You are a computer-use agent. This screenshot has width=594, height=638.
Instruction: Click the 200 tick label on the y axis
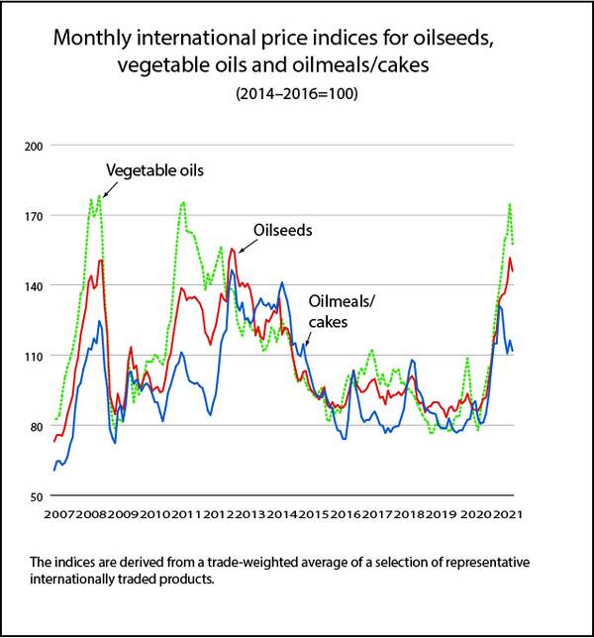34,146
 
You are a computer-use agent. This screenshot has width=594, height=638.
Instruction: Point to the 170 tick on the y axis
34,215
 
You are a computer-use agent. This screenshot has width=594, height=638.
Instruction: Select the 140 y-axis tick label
34,285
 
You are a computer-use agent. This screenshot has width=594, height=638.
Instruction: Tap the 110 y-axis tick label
34,356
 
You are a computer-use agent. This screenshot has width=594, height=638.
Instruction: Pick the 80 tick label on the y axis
36,426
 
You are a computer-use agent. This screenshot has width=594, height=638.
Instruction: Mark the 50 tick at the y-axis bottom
36,495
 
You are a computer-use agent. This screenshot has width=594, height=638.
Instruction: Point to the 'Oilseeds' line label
283,230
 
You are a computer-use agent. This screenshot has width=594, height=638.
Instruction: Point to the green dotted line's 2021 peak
509,204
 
